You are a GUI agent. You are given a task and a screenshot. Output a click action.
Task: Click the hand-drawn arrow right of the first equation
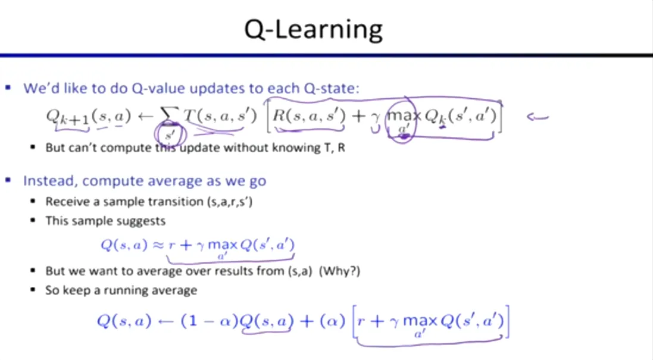tap(537, 117)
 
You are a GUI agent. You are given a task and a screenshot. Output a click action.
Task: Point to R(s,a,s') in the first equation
tap(308, 116)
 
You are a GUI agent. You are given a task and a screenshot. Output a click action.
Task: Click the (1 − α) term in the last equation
tap(209, 321)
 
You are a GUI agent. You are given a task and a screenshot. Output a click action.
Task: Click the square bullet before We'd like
tap(8, 89)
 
